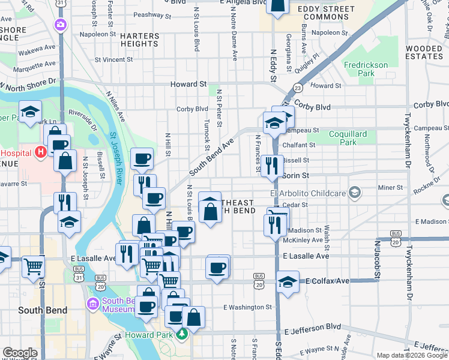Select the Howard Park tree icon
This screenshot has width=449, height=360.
point(182,334)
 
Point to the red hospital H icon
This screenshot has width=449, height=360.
point(41,152)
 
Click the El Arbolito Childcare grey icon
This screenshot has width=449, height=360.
point(355,193)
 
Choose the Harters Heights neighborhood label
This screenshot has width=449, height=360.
point(139,40)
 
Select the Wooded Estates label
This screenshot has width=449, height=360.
point(424,52)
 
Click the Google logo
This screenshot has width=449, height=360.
point(19,353)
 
